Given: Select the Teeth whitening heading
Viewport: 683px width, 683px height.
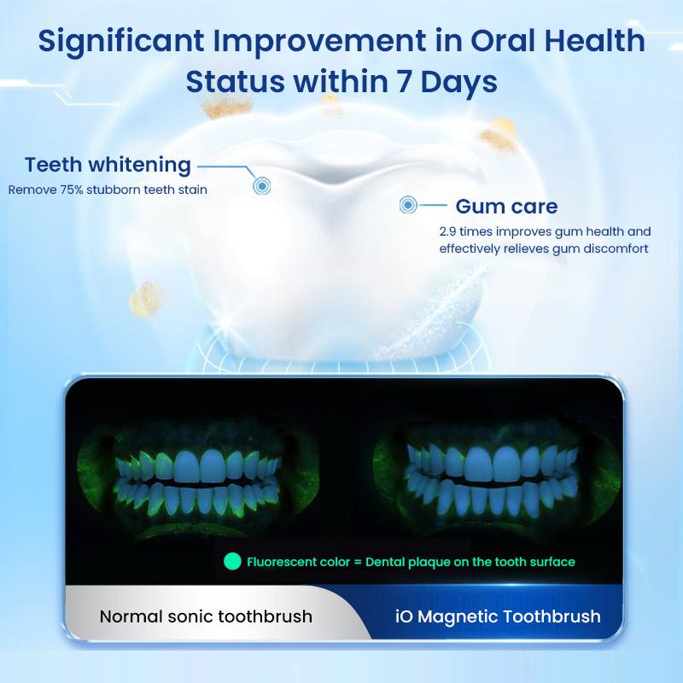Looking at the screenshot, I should pos(108,165).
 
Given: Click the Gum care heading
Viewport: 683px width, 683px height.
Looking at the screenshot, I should pos(506,206).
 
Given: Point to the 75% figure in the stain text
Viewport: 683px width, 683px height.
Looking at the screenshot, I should pos(72,190).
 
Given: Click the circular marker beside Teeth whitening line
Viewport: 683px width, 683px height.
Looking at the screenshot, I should pos(261,185).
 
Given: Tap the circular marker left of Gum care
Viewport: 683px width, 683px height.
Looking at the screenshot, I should pos(409,205).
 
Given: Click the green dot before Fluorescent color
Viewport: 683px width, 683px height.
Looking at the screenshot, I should pos(231,562).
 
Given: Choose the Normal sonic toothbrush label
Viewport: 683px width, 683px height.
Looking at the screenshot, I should pos(206,616).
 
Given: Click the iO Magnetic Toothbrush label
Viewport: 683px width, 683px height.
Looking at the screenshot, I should pos(499,616).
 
